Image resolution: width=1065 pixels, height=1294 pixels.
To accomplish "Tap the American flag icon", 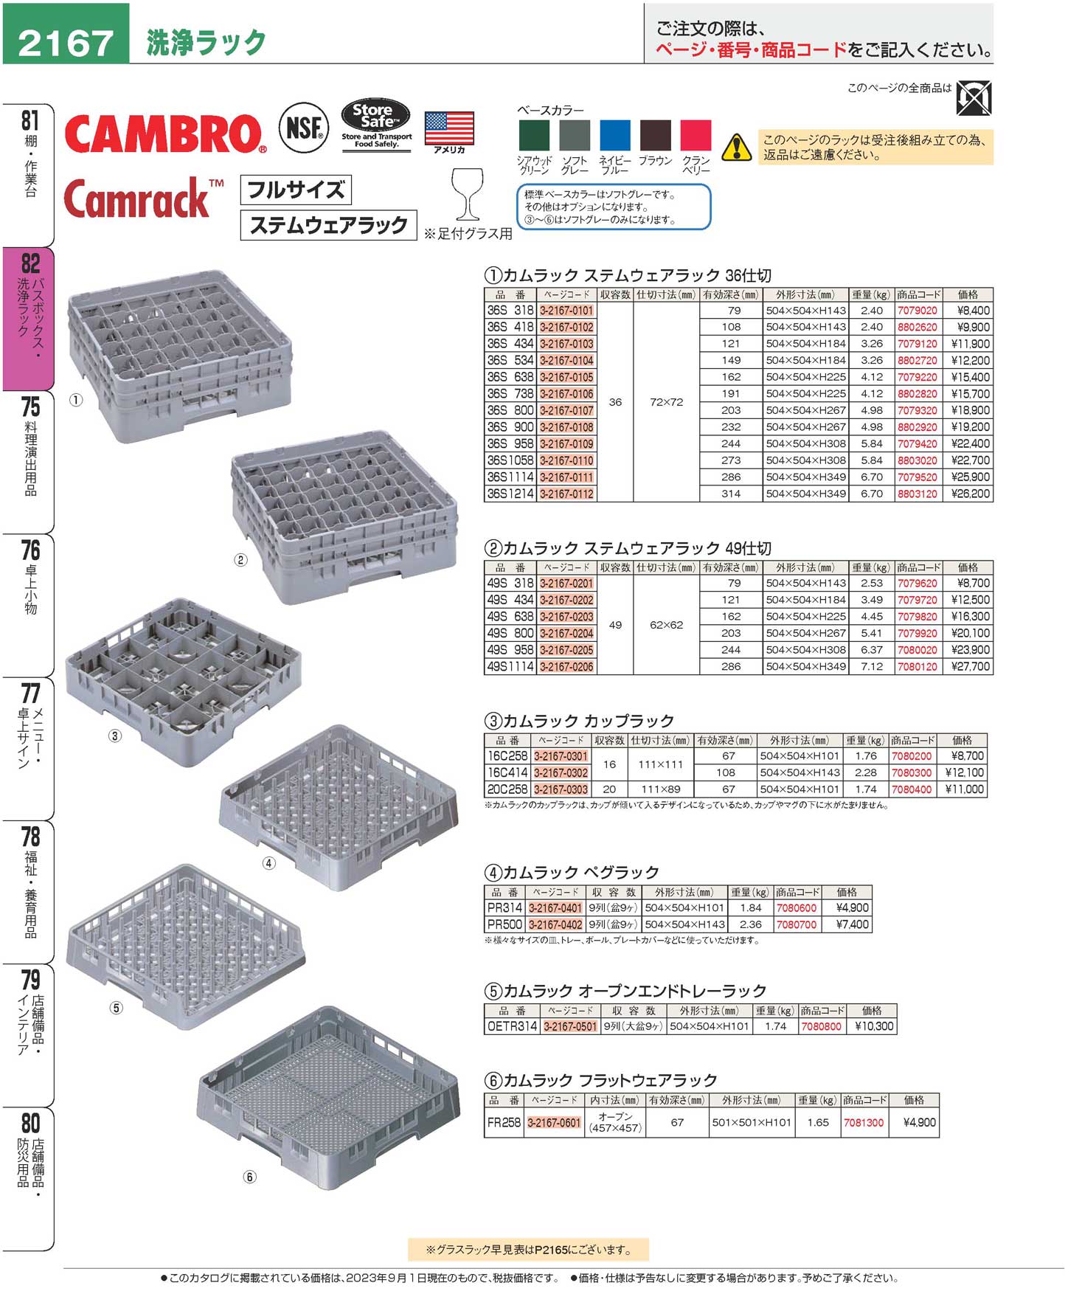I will click(x=449, y=129).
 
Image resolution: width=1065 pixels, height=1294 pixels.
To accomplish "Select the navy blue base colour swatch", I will click(x=614, y=136).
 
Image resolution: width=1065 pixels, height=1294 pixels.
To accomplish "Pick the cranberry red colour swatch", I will click(x=695, y=136).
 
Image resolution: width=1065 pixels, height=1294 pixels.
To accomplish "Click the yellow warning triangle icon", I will click(x=736, y=148).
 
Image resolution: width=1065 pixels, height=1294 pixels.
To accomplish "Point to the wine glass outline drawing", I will click(x=468, y=194).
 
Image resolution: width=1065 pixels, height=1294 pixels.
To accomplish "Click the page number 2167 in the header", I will click(x=66, y=42).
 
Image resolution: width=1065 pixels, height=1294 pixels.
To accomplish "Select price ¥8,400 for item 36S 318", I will click(x=968, y=311).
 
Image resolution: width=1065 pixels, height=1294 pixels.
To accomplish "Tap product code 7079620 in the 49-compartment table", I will click(x=917, y=584).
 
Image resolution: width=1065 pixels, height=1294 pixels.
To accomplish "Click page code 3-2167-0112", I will click(x=566, y=494).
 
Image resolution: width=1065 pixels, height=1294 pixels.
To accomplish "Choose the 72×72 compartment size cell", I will click(x=666, y=402).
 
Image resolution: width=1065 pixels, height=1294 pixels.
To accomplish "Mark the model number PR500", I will click(x=504, y=924).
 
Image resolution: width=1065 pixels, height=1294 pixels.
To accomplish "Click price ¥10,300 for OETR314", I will click(x=874, y=1026).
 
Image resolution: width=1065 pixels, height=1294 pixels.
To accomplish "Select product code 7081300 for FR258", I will click(x=863, y=1122).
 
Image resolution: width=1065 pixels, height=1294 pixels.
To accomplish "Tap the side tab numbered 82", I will click(x=30, y=317).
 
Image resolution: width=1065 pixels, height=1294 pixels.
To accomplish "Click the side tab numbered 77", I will click(x=30, y=745).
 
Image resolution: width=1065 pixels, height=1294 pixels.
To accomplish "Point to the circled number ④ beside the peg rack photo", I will click(x=268, y=863).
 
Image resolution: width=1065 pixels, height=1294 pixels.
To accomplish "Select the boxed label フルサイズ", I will click(x=296, y=190).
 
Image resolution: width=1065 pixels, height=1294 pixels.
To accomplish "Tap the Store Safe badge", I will click(x=376, y=124).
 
